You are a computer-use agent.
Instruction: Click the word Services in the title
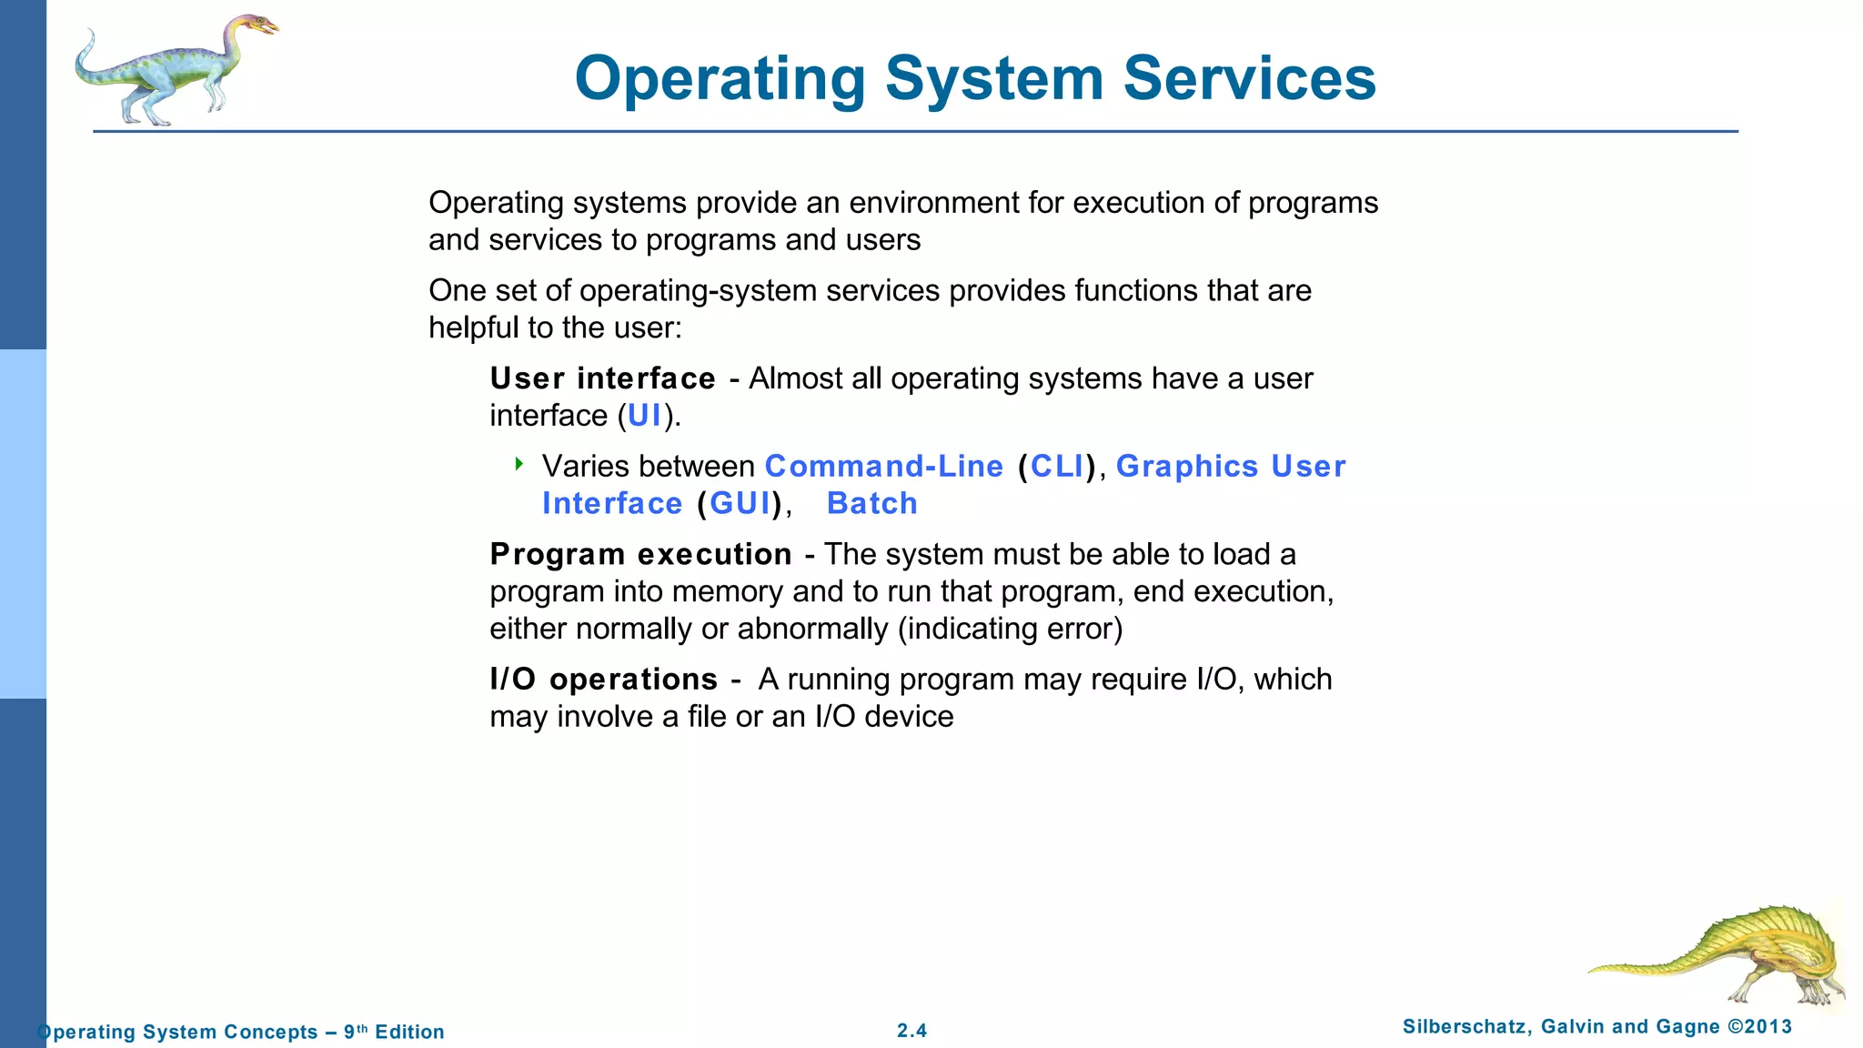[x=1249, y=78]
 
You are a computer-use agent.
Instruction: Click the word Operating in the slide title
[x=720, y=80]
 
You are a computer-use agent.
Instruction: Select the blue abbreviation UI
[x=644, y=416]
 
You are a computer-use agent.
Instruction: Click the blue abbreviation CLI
[x=1057, y=467]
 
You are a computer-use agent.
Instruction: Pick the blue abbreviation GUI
[x=740, y=504]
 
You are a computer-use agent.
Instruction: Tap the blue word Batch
[x=871, y=504]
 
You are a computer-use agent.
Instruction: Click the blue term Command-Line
[x=883, y=467]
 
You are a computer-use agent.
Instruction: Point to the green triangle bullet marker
[x=519, y=464]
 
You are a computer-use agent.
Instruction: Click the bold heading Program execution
[x=640, y=555]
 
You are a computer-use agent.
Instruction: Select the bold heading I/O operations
[x=603, y=680]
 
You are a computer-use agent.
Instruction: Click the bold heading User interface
[x=602, y=378]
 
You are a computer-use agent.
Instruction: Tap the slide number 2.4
[x=911, y=1031]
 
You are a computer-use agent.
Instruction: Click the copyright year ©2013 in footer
[x=1759, y=1027]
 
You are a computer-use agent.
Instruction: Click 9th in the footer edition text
[x=356, y=1032]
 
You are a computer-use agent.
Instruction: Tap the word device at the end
[x=909, y=717]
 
